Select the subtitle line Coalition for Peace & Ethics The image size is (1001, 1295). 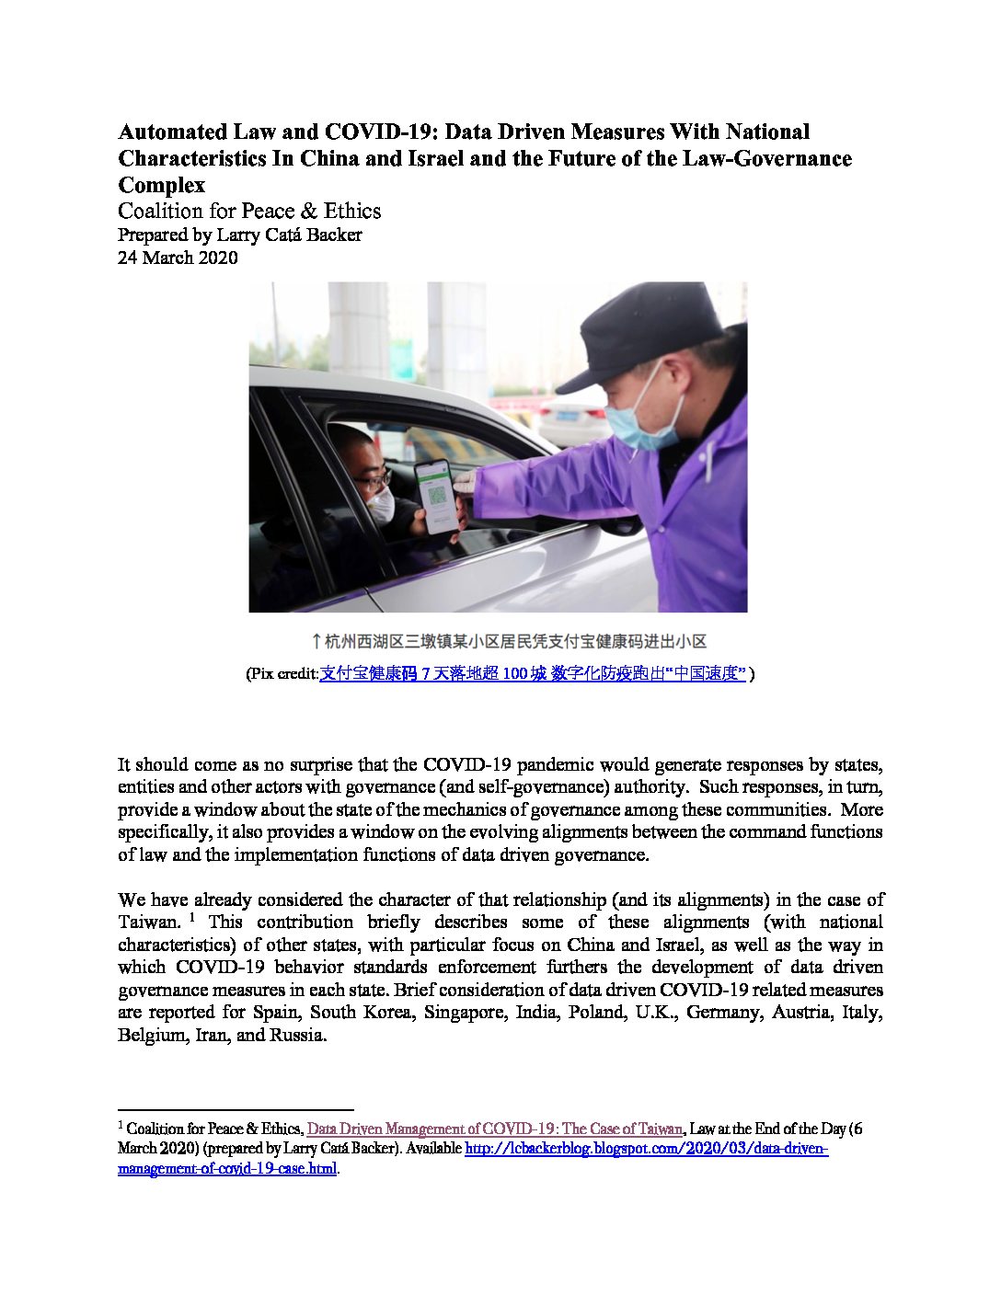248,211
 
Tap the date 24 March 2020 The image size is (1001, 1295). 178,258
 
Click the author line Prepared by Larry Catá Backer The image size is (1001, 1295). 239,235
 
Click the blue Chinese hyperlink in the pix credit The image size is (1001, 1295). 532,674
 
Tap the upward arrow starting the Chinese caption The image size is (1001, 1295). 316,641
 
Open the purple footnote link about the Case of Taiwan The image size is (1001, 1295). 494,1129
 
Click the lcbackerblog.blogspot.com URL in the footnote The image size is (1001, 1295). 647,1149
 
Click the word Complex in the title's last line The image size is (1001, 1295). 161,185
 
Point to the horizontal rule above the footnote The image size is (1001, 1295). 236,1110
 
